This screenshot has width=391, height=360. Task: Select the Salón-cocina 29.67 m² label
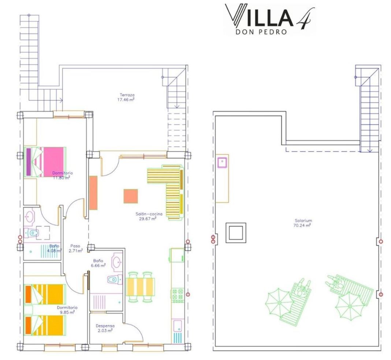pos(149,216)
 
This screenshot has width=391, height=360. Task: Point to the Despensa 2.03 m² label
pos(105,328)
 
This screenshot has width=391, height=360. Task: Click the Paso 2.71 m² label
pos(75,248)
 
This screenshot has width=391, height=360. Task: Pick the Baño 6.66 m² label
pos(98,263)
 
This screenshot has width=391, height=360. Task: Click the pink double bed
pos(45,162)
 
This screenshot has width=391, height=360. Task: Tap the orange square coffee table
pos(131,196)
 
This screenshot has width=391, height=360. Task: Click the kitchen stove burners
pos(178,296)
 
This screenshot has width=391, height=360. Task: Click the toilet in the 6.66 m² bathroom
pos(115,279)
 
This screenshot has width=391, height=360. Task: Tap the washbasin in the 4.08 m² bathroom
pos(30,216)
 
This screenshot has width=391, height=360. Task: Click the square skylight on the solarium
pos(236,233)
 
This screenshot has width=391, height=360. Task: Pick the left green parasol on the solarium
pos(279,303)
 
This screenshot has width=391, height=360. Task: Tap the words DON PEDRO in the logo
pos(261,32)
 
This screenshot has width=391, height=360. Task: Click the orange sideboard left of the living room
pos(93,193)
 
